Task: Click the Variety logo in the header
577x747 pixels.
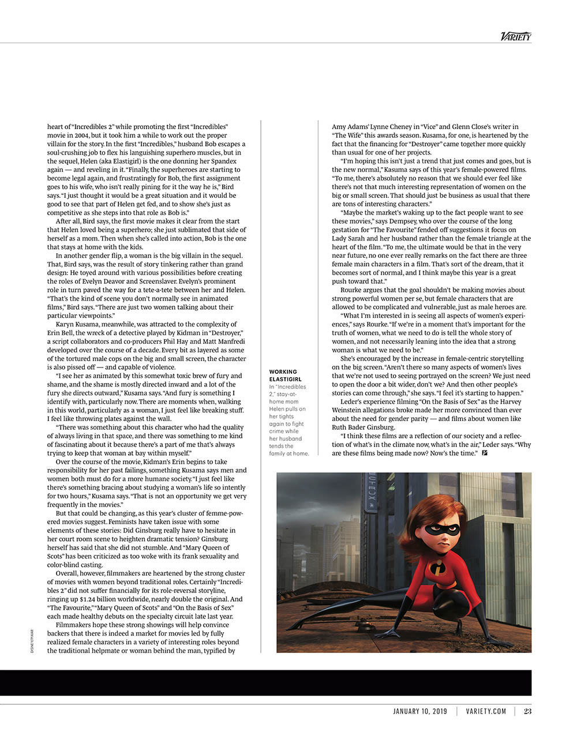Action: pos(515,36)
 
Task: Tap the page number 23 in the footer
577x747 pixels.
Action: pos(527,711)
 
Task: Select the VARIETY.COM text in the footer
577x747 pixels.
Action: pos(486,711)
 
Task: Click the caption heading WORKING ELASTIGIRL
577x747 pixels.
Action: pos(283,376)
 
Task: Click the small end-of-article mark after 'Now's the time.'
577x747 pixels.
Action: pos(484,453)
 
